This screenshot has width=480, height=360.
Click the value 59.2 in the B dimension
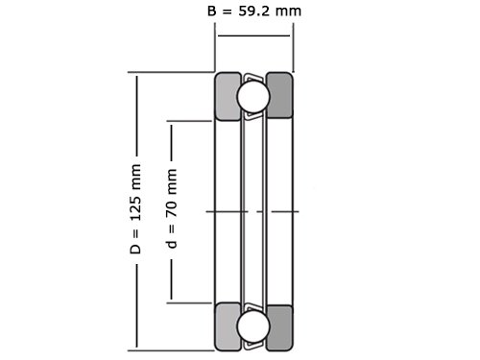[255, 12]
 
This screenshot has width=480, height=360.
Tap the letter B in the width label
[212, 12]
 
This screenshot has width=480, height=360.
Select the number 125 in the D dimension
[135, 205]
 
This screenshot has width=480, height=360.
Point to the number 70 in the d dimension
[172, 208]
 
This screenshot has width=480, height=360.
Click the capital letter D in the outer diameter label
[135, 249]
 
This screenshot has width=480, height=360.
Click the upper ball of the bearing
[253, 97]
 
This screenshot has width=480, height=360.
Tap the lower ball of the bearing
[253, 325]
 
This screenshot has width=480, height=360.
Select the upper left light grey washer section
[228, 96]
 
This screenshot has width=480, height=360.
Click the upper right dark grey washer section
[279, 95]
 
